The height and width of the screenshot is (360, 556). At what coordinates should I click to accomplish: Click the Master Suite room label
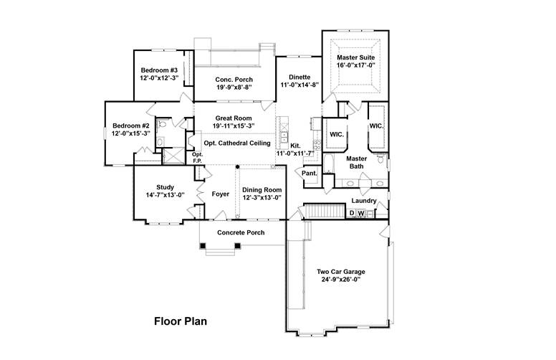point(357,57)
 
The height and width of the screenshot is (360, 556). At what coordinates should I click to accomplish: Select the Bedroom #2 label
point(130,125)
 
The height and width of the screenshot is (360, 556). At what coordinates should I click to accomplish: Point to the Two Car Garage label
point(341,272)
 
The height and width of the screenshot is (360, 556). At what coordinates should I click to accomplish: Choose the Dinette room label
point(299,76)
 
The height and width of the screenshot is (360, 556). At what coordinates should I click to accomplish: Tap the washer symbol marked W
point(361,213)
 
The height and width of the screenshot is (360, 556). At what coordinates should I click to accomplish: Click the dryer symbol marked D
point(352,213)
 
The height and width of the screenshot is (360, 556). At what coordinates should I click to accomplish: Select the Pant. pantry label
point(310,174)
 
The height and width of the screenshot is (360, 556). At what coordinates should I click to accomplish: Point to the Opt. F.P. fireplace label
point(198,158)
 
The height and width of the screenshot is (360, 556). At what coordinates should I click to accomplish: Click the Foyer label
point(221,194)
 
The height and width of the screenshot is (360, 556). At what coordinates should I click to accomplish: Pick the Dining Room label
point(261,189)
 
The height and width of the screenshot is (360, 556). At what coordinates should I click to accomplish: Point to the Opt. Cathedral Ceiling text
point(231,143)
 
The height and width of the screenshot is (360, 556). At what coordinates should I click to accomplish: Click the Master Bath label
point(357,162)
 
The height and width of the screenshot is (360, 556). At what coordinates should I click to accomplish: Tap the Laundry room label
point(364,201)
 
